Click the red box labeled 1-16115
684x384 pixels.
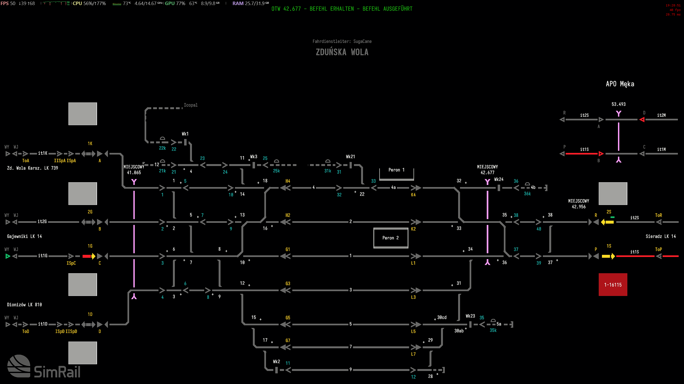pos(613,284)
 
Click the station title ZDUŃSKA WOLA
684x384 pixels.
pos(342,52)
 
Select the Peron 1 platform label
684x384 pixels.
pos(396,170)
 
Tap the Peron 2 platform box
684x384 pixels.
pos(391,238)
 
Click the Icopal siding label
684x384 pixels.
pos(191,105)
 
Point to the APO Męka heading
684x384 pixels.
pos(620,84)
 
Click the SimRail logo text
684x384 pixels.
pos(57,372)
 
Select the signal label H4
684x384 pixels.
pos(288,181)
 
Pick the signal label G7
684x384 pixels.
pos(288,341)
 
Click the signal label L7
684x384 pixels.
pos(413,354)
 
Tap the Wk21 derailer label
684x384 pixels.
pos(350,157)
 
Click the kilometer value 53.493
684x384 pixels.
pos(619,104)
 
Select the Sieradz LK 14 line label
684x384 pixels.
pos(660,236)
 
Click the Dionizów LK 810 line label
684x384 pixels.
pos(24,305)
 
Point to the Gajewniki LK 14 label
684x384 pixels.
pos(24,236)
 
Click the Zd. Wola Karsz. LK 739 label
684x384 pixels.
pos(32,168)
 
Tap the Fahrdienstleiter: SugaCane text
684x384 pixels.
pos(342,41)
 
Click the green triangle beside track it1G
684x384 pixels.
pos(8,256)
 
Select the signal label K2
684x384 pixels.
pos(413,229)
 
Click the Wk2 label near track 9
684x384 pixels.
pos(276,362)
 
